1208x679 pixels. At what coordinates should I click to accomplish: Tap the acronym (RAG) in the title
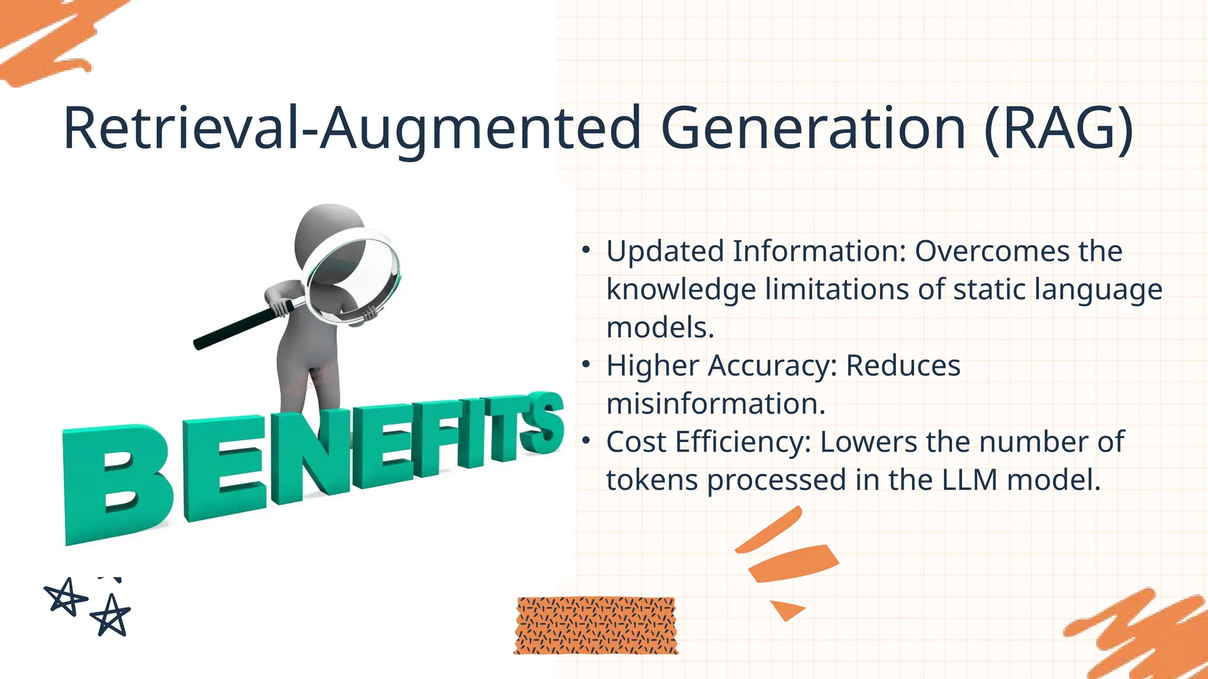click(1059, 128)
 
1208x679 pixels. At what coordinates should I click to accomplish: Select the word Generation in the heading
click(813, 128)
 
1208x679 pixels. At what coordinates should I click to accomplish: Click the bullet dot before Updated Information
click(585, 250)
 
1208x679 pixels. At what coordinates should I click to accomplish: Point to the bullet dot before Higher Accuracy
click(585, 365)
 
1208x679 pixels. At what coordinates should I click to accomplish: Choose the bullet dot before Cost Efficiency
click(585, 441)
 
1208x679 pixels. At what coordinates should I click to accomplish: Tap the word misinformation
click(715, 404)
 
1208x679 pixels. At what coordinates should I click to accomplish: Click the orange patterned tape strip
click(596, 625)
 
